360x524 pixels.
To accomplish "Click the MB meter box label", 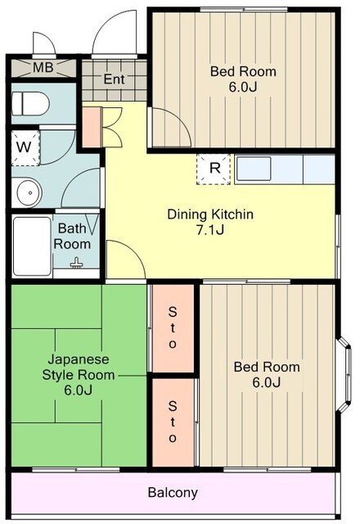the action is click(x=43, y=68).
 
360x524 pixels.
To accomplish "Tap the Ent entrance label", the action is click(x=114, y=79).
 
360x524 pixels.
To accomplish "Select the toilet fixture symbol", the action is click(x=30, y=104).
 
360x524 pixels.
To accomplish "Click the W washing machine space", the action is click(x=25, y=148).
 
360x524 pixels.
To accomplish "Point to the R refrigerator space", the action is click(x=214, y=169).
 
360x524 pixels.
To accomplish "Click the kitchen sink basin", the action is click(x=254, y=169).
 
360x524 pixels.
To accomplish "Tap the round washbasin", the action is click(x=29, y=193).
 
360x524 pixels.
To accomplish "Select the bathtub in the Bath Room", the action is click(x=32, y=246).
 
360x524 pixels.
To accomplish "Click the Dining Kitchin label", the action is click(x=210, y=215).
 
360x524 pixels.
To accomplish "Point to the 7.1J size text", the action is click(x=209, y=230).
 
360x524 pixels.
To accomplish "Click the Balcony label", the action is click(x=173, y=493).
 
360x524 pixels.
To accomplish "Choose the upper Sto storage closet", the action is click(x=173, y=327).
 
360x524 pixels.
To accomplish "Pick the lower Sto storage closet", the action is click(x=173, y=422).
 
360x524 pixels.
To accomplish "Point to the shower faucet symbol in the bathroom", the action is click(x=77, y=264).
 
